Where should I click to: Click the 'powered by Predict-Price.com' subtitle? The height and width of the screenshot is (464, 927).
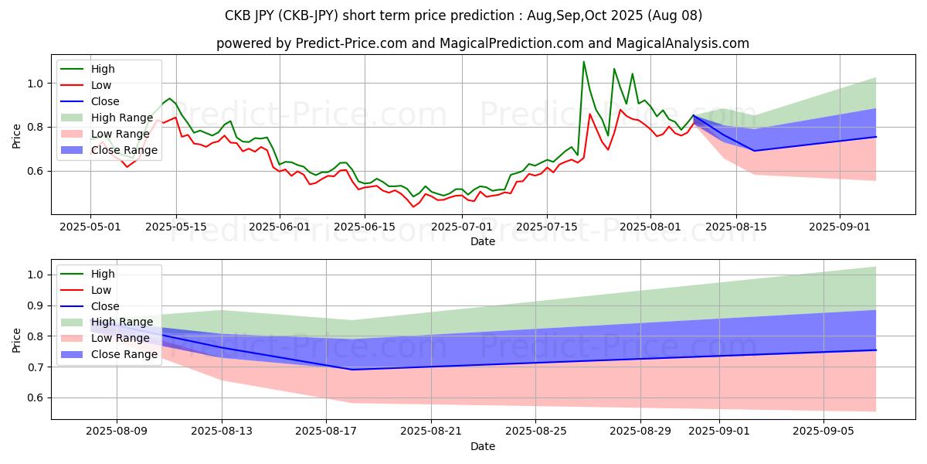point(483,43)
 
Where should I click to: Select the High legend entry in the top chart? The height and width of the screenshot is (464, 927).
point(103,69)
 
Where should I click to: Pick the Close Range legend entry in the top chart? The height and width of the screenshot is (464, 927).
point(125,150)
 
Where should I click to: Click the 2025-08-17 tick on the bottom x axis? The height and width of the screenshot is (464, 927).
point(327,432)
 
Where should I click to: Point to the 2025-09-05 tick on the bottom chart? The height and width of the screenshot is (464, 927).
point(824,432)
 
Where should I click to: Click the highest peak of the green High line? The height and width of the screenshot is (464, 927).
point(583,62)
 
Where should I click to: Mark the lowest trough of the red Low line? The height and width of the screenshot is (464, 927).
point(413,206)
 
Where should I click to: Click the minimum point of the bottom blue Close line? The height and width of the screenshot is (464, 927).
point(352,370)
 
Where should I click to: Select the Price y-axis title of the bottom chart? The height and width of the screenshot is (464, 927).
point(17,339)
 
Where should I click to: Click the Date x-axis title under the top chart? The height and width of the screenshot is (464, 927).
point(483,241)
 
